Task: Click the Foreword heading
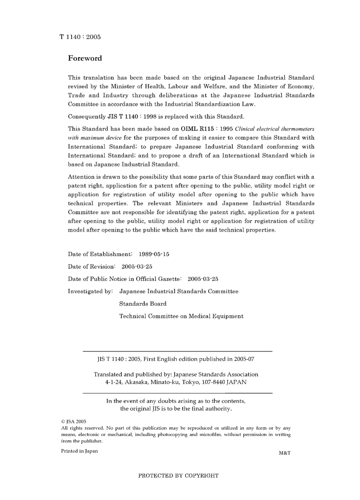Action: tap(85, 58)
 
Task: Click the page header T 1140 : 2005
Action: tap(80, 37)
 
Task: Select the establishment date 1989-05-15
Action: tap(154, 254)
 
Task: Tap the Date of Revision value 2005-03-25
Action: tap(137, 267)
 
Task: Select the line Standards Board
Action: tap(143, 304)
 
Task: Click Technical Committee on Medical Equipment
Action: tap(181, 316)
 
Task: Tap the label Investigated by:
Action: tap(90, 291)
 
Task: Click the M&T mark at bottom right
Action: tap(284, 453)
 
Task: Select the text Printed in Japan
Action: tap(79, 451)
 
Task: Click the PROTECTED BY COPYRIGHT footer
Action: tap(178, 476)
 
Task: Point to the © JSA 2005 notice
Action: tap(74, 421)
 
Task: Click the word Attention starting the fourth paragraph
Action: tap(81, 177)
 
